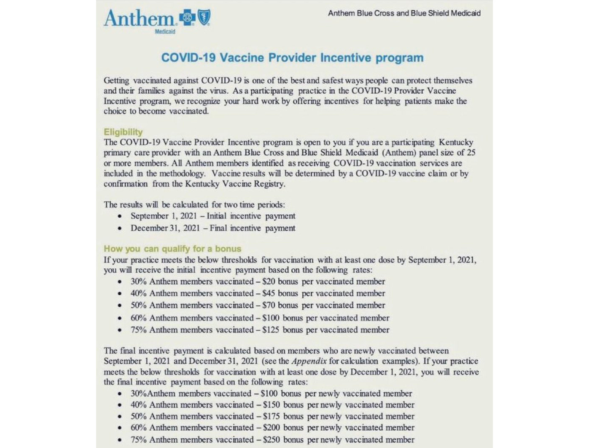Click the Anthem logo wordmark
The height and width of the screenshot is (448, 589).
(139, 19)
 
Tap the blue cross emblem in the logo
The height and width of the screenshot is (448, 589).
(187, 18)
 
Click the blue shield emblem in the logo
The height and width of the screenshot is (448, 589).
(204, 18)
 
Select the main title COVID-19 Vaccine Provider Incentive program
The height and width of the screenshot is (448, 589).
(292, 58)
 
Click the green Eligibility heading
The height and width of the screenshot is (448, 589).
(123, 132)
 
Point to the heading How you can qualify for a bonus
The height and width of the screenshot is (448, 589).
(172, 249)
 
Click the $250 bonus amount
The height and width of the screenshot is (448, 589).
(271, 440)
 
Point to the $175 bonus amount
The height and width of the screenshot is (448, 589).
(271, 416)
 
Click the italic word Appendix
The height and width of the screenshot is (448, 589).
(309, 361)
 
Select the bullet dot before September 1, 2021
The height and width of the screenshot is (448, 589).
(121, 216)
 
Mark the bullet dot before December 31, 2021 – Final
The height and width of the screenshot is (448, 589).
(121, 229)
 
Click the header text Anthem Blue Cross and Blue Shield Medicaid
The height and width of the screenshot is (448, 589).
(404, 13)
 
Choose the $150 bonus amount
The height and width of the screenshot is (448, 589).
(271, 405)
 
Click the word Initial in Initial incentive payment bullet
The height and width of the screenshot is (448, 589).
(217, 216)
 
